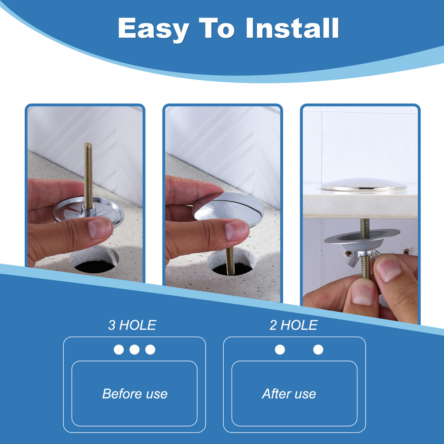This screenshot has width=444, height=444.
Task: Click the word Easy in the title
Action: click(154, 29)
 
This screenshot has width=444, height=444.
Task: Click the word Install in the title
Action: click(292, 28)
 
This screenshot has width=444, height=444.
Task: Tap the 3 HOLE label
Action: click(132, 325)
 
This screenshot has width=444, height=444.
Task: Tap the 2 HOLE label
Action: click(294, 325)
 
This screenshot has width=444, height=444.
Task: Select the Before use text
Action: click(135, 393)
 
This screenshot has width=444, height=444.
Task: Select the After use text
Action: click(289, 393)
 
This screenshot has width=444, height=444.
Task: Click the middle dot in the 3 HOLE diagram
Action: click(134, 349)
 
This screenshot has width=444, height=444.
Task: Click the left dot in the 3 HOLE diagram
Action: click(119, 349)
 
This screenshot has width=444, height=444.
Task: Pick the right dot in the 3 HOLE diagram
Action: click(150, 349)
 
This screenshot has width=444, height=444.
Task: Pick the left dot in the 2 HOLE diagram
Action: click(280, 349)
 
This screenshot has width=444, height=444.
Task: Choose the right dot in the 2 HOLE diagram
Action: click(318, 349)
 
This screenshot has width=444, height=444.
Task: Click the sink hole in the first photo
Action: click(94, 260)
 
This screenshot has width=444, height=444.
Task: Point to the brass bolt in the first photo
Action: click(88, 177)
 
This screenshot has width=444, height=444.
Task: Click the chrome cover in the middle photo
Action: click(229, 208)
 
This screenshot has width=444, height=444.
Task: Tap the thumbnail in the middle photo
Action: click(236, 230)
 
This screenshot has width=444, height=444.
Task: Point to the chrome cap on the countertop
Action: click(363, 185)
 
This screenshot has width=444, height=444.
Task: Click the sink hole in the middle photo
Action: click(231, 262)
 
